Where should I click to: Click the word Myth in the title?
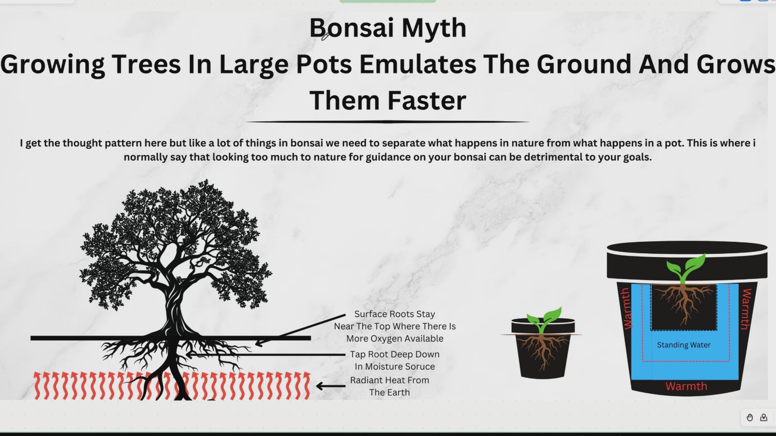click(x=434, y=28)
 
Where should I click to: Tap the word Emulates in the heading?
click(x=417, y=64)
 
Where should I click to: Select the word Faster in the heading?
click(x=427, y=100)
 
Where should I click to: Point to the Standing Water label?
click(x=683, y=345)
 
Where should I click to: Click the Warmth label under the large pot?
click(x=687, y=386)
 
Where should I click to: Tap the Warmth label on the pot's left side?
click(x=628, y=308)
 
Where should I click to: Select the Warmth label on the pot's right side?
click(x=746, y=309)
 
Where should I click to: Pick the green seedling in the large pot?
click(x=685, y=269)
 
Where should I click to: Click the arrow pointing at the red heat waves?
click(x=331, y=386)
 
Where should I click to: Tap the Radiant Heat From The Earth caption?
click(x=390, y=386)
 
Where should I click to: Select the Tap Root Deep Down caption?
click(x=395, y=354)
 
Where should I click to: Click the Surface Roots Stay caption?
click(x=395, y=314)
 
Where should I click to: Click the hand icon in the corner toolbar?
click(x=750, y=417)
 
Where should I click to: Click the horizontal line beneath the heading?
click(x=387, y=122)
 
